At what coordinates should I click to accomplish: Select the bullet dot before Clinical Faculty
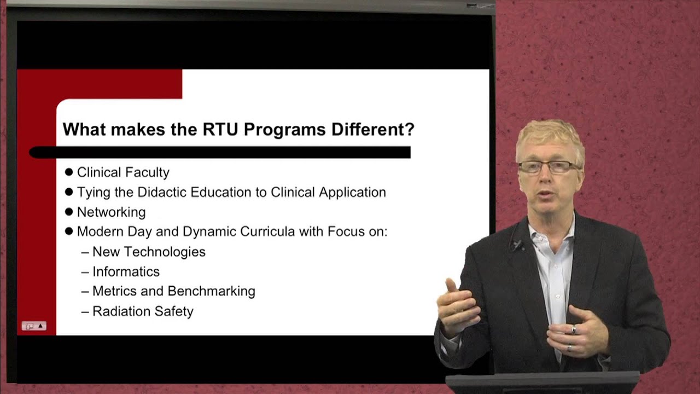pos(69,172)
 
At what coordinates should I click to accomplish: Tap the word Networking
pos(111,212)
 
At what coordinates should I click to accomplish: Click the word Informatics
pos(126,271)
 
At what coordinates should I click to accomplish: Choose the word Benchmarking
pos(211,291)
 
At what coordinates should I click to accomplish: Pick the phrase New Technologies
pos(149,252)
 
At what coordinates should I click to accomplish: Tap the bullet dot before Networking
pos(69,212)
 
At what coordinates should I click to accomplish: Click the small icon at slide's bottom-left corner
pos(34,326)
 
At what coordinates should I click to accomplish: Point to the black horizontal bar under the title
pos(219,152)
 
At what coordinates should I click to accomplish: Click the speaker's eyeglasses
pos(549,167)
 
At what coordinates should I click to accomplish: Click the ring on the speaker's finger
pos(574,329)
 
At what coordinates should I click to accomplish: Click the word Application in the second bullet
pos(352,192)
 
